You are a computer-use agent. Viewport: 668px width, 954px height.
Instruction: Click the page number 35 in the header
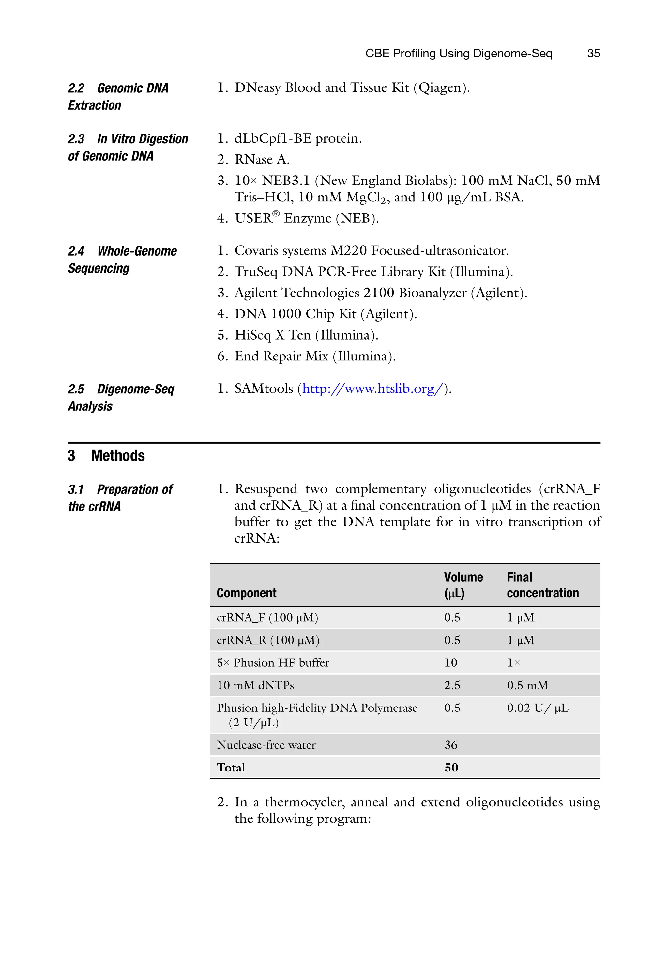click(593, 53)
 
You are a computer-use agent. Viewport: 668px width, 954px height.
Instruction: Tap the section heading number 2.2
click(76, 88)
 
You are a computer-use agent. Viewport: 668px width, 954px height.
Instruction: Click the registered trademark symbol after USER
click(276, 213)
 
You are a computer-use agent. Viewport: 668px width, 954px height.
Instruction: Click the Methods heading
click(117, 456)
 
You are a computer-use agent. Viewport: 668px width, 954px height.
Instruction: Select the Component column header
click(246, 593)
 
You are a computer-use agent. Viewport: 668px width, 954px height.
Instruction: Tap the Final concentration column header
click(542, 585)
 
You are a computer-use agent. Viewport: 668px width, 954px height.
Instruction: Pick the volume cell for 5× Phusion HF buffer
click(450, 663)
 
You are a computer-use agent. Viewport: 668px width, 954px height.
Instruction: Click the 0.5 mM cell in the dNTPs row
click(527, 685)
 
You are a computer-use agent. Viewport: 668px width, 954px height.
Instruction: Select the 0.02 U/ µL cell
click(537, 708)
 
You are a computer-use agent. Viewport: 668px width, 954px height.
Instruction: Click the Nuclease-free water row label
click(266, 745)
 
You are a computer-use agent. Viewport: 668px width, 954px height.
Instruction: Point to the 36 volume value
click(450, 745)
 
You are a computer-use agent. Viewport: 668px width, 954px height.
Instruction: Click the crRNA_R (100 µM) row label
click(268, 640)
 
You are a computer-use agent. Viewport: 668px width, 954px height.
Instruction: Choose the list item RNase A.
click(262, 160)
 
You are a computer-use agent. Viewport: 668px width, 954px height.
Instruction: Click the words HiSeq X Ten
click(272, 335)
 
